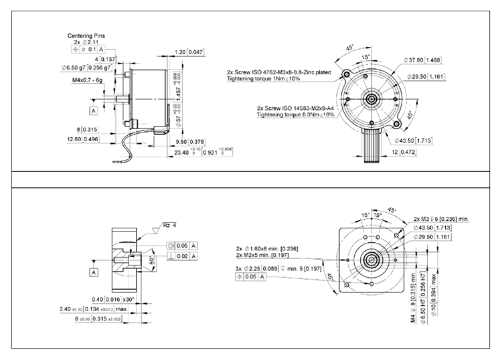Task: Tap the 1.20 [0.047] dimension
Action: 189,52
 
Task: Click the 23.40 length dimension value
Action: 181,153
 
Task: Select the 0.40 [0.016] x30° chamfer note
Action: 113,299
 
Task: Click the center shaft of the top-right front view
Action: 370,98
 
